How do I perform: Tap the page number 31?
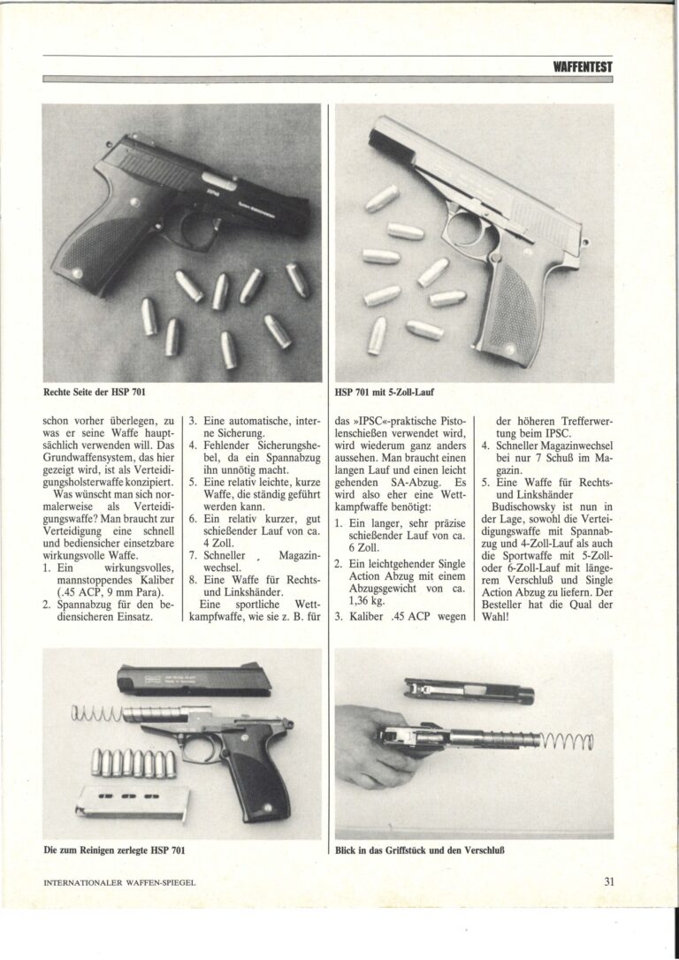tap(609, 880)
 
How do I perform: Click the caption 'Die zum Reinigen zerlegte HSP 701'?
tap(117, 850)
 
